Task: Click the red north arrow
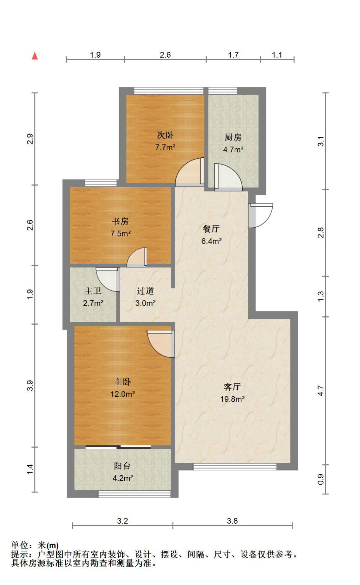35,56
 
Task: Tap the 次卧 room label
165,135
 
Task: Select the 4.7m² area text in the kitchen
233,149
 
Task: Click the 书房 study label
120,221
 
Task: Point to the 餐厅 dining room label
211,229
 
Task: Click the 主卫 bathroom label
93,291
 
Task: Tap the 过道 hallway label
145,291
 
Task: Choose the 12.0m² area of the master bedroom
123,394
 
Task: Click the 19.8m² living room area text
232,399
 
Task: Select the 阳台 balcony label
122,466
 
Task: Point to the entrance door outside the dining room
261,215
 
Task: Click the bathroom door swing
108,280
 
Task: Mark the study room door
137,257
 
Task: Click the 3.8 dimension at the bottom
232,521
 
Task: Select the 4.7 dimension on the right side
321,391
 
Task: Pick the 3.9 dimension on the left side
30,386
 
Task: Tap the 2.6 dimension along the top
165,55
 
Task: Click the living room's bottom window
235,466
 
